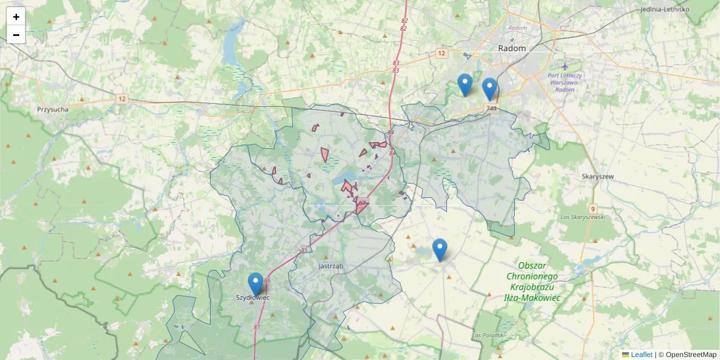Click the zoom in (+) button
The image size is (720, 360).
click(16, 16)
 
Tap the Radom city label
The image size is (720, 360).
click(512, 48)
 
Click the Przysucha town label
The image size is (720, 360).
click(52, 110)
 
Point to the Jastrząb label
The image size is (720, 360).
click(331, 265)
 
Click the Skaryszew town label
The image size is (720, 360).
click(596, 176)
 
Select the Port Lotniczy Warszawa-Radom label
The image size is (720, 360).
click(565, 83)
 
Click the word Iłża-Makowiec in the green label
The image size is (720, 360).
click(532, 297)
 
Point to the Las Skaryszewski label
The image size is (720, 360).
click(581, 216)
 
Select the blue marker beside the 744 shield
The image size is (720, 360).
click(490, 89)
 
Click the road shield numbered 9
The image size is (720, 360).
click(593, 209)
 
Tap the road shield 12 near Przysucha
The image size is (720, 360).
click(122, 98)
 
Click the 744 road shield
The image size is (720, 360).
click(492, 109)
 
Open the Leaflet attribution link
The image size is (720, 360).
click(641, 355)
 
